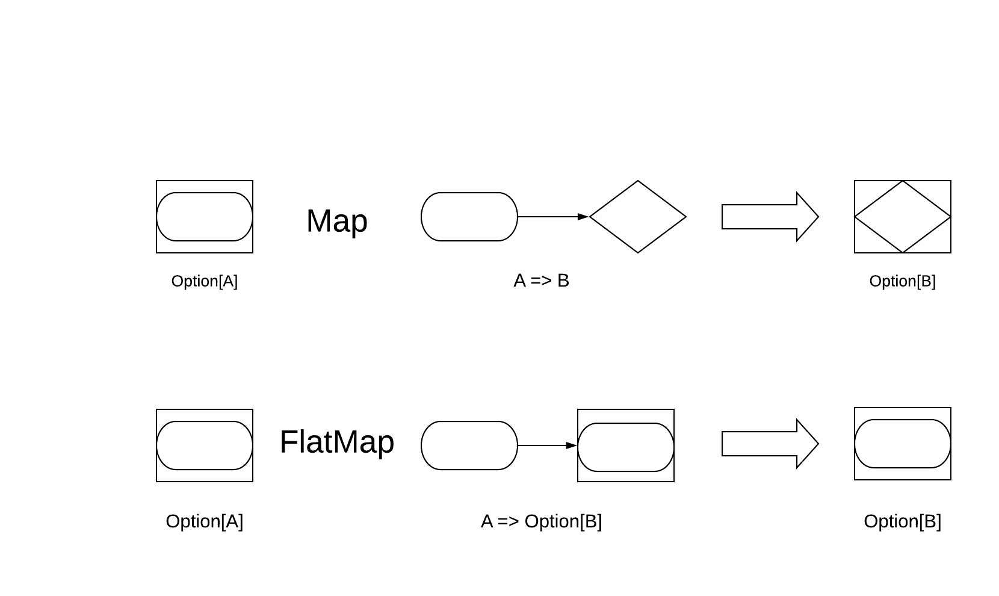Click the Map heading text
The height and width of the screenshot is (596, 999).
click(336, 221)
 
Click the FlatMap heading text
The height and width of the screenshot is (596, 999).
click(336, 442)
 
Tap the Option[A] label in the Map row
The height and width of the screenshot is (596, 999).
click(205, 281)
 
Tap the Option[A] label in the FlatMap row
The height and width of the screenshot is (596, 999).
click(205, 521)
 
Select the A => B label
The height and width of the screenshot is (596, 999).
click(541, 281)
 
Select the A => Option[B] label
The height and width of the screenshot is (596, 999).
click(541, 521)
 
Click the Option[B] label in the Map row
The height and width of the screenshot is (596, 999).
click(902, 281)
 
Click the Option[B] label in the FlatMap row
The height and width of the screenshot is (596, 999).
click(902, 521)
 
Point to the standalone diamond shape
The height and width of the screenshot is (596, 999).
click(638, 217)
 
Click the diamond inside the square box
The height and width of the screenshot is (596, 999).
click(903, 217)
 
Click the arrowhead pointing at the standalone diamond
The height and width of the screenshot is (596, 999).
click(583, 217)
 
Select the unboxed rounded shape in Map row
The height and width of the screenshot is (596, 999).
click(469, 217)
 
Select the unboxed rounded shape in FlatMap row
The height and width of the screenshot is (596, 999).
click(469, 445)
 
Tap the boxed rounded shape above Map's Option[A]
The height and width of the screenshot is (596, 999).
click(205, 217)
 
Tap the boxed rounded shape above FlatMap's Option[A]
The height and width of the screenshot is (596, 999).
click(205, 445)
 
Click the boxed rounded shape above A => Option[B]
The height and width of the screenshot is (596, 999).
click(626, 447)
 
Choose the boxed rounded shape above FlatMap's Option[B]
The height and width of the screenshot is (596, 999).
click(903, 444)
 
